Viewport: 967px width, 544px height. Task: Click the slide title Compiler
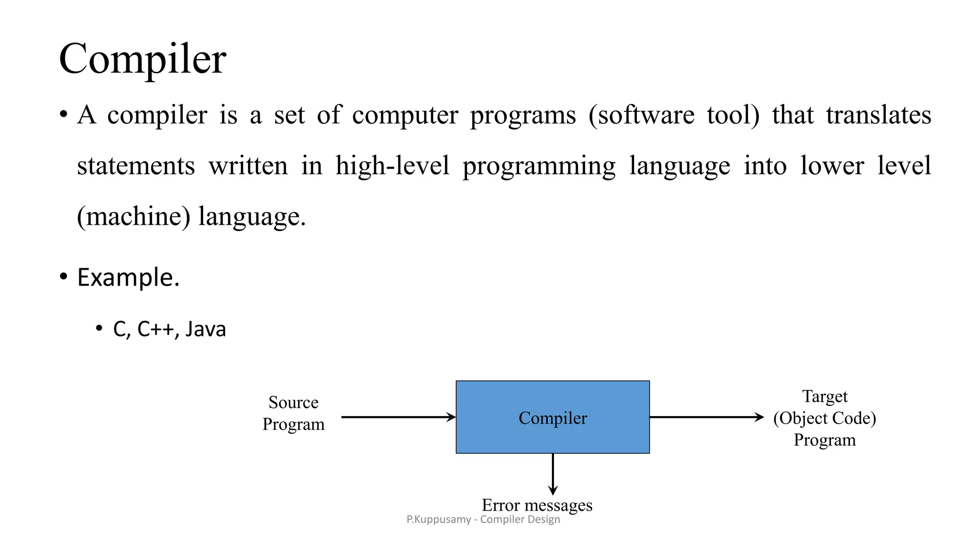tap(143, 59)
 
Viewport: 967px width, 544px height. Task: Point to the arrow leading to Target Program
tap(706, 417)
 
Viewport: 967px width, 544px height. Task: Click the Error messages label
tap(537, 505)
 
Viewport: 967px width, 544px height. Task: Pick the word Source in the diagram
tap(293, 402)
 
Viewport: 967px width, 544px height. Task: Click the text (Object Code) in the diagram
tap(824, 418)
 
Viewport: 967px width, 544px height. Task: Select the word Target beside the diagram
tap(824, 396)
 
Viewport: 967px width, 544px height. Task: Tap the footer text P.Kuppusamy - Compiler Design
tap(483, 519)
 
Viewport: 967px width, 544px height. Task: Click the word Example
tap(128, 277)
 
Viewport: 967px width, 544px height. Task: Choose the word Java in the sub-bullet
tap(205, 329)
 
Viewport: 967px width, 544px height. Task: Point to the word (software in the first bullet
tap(641, 115)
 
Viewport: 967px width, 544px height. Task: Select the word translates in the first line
tap(878, 115)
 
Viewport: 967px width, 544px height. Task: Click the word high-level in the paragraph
tap(392, 166)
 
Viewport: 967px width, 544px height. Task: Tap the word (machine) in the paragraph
tap(134, 216)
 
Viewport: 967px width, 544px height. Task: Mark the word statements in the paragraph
tap(136, 166)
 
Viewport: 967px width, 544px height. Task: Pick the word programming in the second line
tap(539, 166)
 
